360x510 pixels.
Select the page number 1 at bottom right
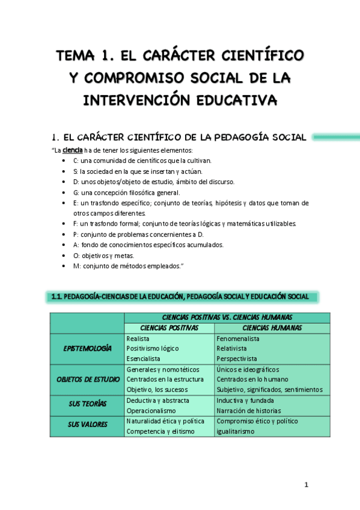[306, 485]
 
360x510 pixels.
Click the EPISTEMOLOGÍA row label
[88, 348]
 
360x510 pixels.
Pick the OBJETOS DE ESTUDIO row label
[88, 379]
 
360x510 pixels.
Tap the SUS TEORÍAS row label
[88, 405]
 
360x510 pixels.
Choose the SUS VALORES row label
[88, 425]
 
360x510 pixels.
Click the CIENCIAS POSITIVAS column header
[169, 328]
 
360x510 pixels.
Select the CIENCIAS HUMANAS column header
[272, 328]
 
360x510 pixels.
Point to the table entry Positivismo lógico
[153, 348]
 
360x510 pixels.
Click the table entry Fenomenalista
[239, 339]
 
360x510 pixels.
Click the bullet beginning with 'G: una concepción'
[126, 192]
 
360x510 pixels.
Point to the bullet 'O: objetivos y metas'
[99, 256]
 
